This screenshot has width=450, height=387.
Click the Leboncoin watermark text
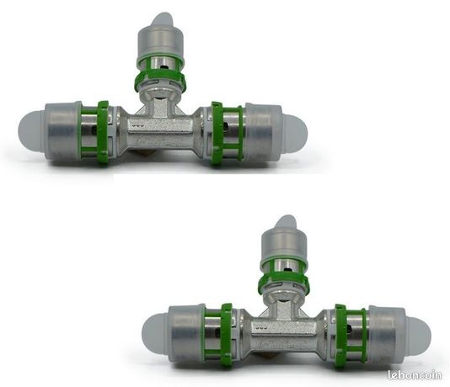415,374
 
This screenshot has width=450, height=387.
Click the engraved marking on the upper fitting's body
137,125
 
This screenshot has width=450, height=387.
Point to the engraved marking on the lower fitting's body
262,326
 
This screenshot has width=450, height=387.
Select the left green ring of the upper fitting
103,134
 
